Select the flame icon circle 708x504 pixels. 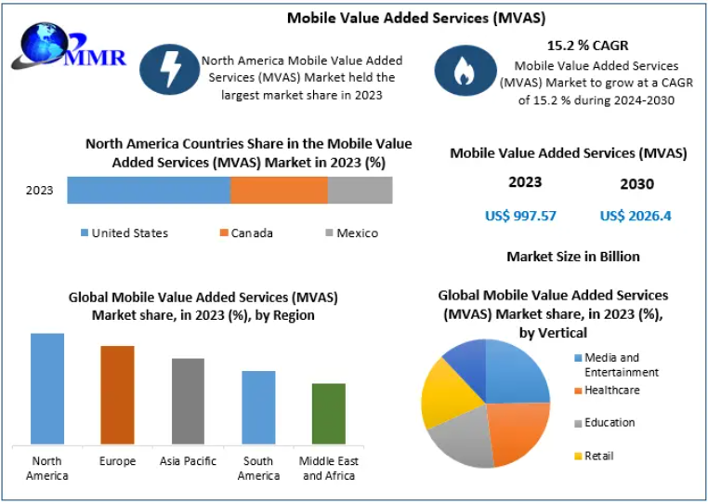[x=464, y=66]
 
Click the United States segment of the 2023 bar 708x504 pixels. [x=148, y=190]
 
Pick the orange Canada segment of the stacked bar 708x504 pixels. [x=279, y=190]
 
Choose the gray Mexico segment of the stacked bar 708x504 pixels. [x=360, y=190]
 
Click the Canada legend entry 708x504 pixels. [x=246, y=232]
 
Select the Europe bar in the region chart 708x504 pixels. [x=117, y=394]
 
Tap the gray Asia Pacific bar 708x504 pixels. [x=188, y=401]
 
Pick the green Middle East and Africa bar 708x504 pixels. [x=329, y=413]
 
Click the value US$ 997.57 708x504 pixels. [x=520, y=216]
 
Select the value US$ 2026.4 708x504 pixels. [x=636, y=216]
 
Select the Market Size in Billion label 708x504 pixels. [x=573, y=256]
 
